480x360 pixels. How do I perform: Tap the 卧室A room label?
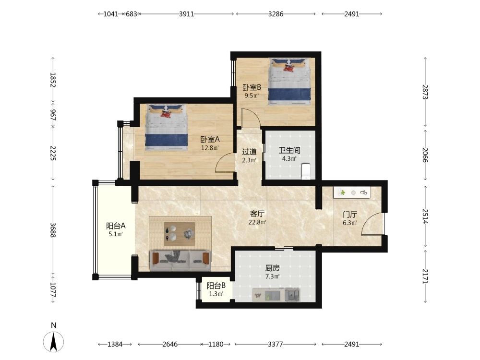point(210,140)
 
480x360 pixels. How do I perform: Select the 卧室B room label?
point(252,87)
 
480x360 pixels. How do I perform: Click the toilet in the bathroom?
point(306,171)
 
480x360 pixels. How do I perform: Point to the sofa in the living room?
point(180,261)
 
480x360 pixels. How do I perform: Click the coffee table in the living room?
point(180,234)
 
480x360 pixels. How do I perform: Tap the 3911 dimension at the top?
point(186,14)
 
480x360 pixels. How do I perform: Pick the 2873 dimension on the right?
point(425,92)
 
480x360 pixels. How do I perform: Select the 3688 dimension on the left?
point(53,230)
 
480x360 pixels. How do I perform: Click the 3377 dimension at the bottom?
point(275,344)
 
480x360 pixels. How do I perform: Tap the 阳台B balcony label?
point(216,286)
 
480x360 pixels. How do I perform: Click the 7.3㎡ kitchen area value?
point(272,276)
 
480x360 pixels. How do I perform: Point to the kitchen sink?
point(292,295)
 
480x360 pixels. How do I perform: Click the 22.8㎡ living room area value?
point(257,222)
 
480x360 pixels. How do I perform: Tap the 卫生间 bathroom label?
point(289,150)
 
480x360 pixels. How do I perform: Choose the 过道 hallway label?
point(249,152)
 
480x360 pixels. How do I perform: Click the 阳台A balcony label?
point(116,226)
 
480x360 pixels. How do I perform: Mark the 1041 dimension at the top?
point(110,14)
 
